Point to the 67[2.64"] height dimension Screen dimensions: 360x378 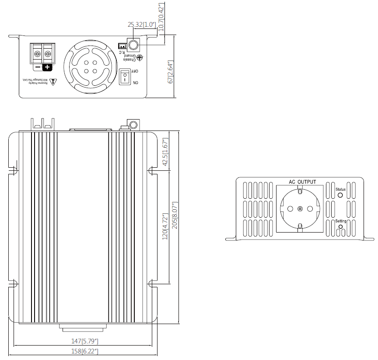point(171,72)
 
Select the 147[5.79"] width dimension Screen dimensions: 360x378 point(84,341)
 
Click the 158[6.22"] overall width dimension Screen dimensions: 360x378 point(84,351)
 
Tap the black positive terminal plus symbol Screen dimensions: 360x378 point(47,67)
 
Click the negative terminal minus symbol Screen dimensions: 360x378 point(37,67)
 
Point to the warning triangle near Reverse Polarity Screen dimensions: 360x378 point(54,81)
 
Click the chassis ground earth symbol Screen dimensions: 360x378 point(141,57)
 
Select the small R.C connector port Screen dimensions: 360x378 point(122,46)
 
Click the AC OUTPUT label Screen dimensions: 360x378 point(302,182)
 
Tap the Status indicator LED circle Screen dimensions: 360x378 point(340,195)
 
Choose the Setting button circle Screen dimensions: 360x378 point(340,227)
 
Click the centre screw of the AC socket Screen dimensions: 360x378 point(300,208)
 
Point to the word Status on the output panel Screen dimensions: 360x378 point(340,189)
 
